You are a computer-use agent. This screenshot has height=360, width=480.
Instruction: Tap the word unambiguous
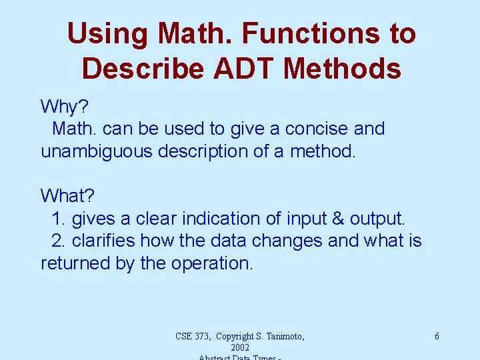coord(98,151)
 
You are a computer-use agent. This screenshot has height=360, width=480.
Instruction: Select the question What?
coord(68,196)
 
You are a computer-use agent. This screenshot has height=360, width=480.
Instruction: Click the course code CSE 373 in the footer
coord(197,337)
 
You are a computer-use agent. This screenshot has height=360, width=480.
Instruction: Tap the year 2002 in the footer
coord(239,348)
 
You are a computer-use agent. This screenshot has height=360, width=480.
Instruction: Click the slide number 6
coord(437,337)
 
